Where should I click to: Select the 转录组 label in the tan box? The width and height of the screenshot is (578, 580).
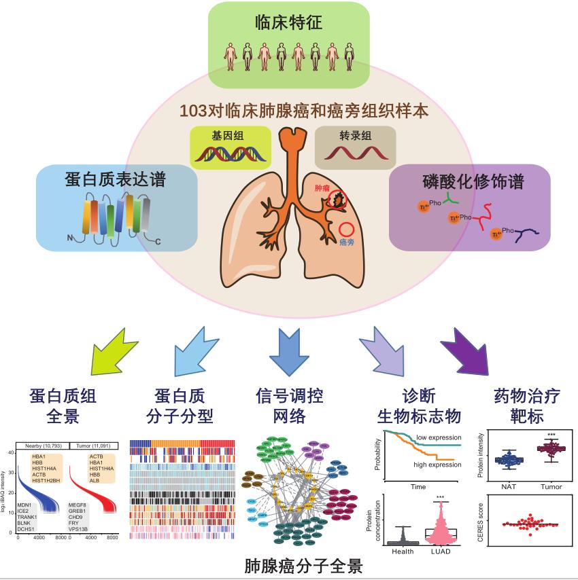[x=356, y=135]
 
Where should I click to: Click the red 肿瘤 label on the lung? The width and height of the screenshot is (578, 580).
[x=322, y=186]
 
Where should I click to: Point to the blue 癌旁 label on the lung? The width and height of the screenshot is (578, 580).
[x=347, y=242]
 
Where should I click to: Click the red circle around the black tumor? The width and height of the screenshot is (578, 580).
[x=337, y=198]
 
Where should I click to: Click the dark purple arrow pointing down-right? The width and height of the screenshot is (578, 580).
[x=469, y=350]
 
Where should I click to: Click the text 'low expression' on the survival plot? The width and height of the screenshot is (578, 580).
[x=439, y=437]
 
